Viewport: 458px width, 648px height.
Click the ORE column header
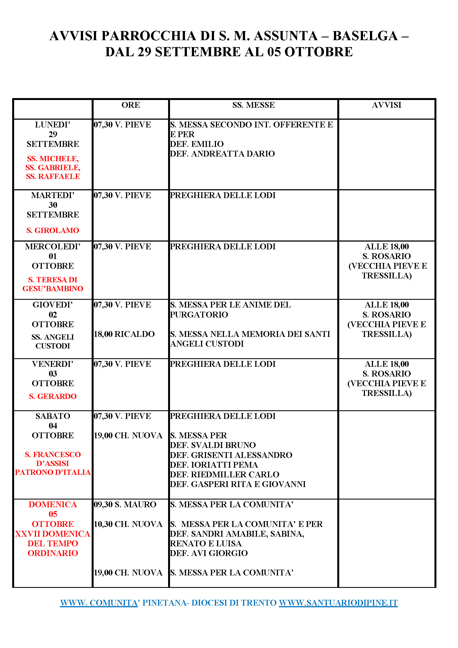point(131,105)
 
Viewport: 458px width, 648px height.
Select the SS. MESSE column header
point(253,105)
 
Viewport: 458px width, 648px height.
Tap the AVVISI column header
point(386,105)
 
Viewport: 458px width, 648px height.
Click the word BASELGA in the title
point(365,36)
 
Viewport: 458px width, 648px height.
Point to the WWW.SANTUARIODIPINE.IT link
point(338,603)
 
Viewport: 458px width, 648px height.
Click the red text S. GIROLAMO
point(53,230)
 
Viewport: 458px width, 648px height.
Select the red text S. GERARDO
point(53,396)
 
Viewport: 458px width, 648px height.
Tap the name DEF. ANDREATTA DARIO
point(222,154)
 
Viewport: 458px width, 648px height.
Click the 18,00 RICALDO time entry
point(124,334)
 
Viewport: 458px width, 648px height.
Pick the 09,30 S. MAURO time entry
point(125,504)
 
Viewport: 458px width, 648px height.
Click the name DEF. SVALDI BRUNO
point(213,445)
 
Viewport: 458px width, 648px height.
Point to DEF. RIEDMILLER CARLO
point(225,474)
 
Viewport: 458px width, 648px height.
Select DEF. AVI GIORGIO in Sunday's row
point(209,553)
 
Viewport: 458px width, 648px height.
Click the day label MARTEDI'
point(53,195)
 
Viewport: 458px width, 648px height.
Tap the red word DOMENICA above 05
point(53,504)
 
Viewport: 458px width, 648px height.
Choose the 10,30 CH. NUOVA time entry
point(128,524)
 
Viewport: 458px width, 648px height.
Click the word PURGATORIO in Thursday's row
point(199,315)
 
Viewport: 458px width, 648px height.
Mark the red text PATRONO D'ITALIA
point(53,472)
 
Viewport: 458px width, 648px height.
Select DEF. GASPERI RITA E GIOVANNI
point(238,484)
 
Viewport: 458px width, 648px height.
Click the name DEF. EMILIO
point(197,144)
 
